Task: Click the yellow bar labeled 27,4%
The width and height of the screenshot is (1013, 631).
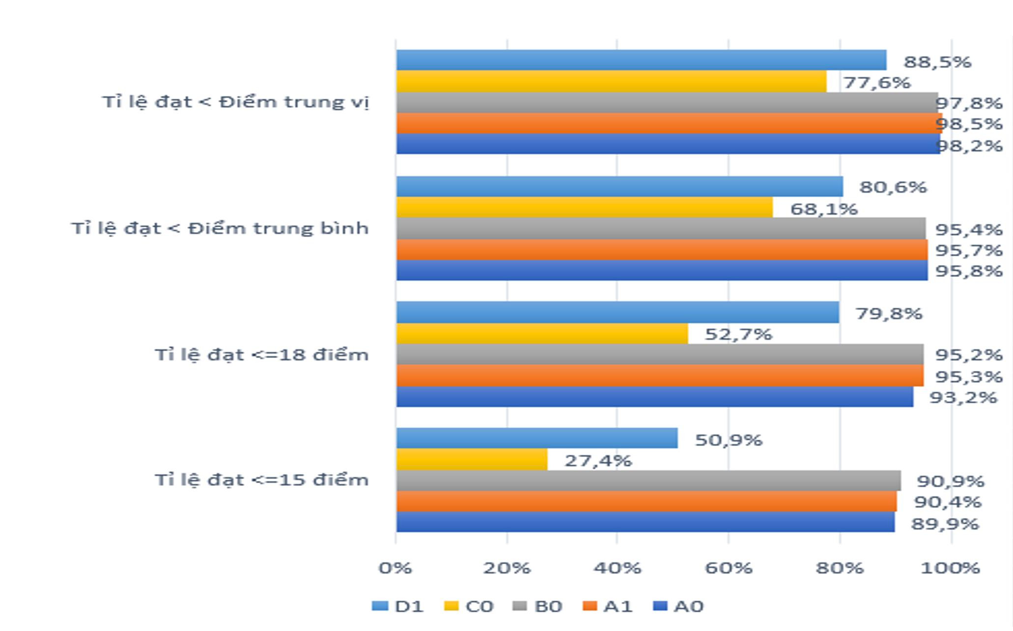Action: coord(472,459)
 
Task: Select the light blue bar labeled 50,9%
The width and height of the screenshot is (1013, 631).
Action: coord(536,438)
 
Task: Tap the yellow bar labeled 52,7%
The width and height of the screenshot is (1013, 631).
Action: coord(542,333)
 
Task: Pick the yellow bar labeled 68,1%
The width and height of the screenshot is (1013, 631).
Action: coord(584,208)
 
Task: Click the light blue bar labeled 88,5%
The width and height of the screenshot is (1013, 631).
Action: coord(641,60)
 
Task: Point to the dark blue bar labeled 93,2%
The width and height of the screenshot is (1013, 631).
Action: coord(654,396)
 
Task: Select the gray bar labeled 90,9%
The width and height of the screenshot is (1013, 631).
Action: coord(648,481)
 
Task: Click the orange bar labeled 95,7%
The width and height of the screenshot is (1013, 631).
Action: coord(662,249)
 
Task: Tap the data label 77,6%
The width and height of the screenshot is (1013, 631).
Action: coord(876,82)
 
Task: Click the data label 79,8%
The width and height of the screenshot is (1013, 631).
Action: coord(889,313)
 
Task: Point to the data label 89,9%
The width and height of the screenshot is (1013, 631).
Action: coord(945,523)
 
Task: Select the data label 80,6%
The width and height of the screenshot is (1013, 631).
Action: coord(893,187)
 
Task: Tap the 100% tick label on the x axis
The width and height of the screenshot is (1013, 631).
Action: coord(950,568)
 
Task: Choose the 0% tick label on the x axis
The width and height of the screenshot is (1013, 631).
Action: coord(395,568)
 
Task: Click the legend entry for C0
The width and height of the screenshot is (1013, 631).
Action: coord(469,606)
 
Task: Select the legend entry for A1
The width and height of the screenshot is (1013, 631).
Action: coord(608,606)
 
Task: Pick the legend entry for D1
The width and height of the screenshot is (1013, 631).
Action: coord(398,606)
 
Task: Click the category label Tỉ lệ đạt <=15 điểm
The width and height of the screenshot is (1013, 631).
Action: coord(261,480)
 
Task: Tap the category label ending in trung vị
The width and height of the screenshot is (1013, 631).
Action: coord(235,102)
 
